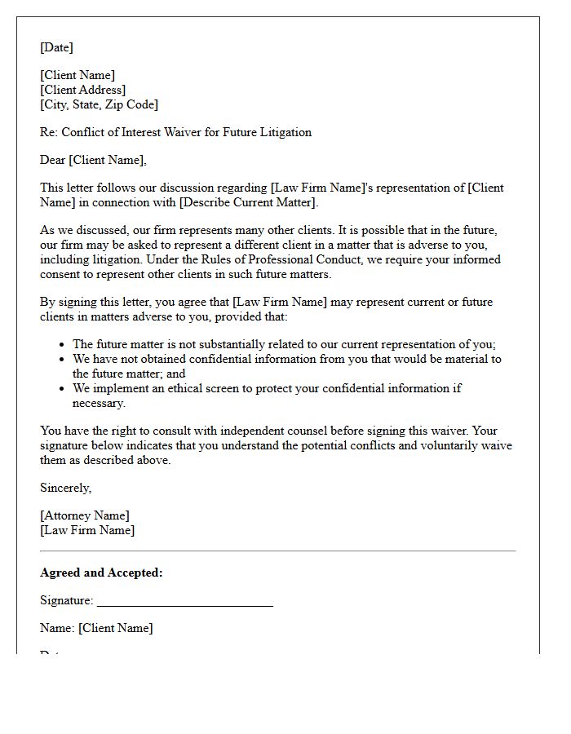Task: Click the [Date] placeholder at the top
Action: pyautogui.click(x=56, y=47)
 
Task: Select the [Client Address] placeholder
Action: pyautogui.click(x=82, y=90)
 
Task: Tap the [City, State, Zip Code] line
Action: pyautogui.click(x=99, y=104)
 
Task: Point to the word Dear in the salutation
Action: pyautogui.click(x=53, y=160)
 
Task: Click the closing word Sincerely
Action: pyautogui.click(x=65, y=488)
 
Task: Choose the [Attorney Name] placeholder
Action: pyautogui.click(x=84, y=515)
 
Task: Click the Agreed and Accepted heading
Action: pyautogui.click(x=101, y=573)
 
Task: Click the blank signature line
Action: pyautogui.click(x=184, y=604)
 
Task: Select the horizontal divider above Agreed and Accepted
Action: pyautogui.click(x=277, y=551)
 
